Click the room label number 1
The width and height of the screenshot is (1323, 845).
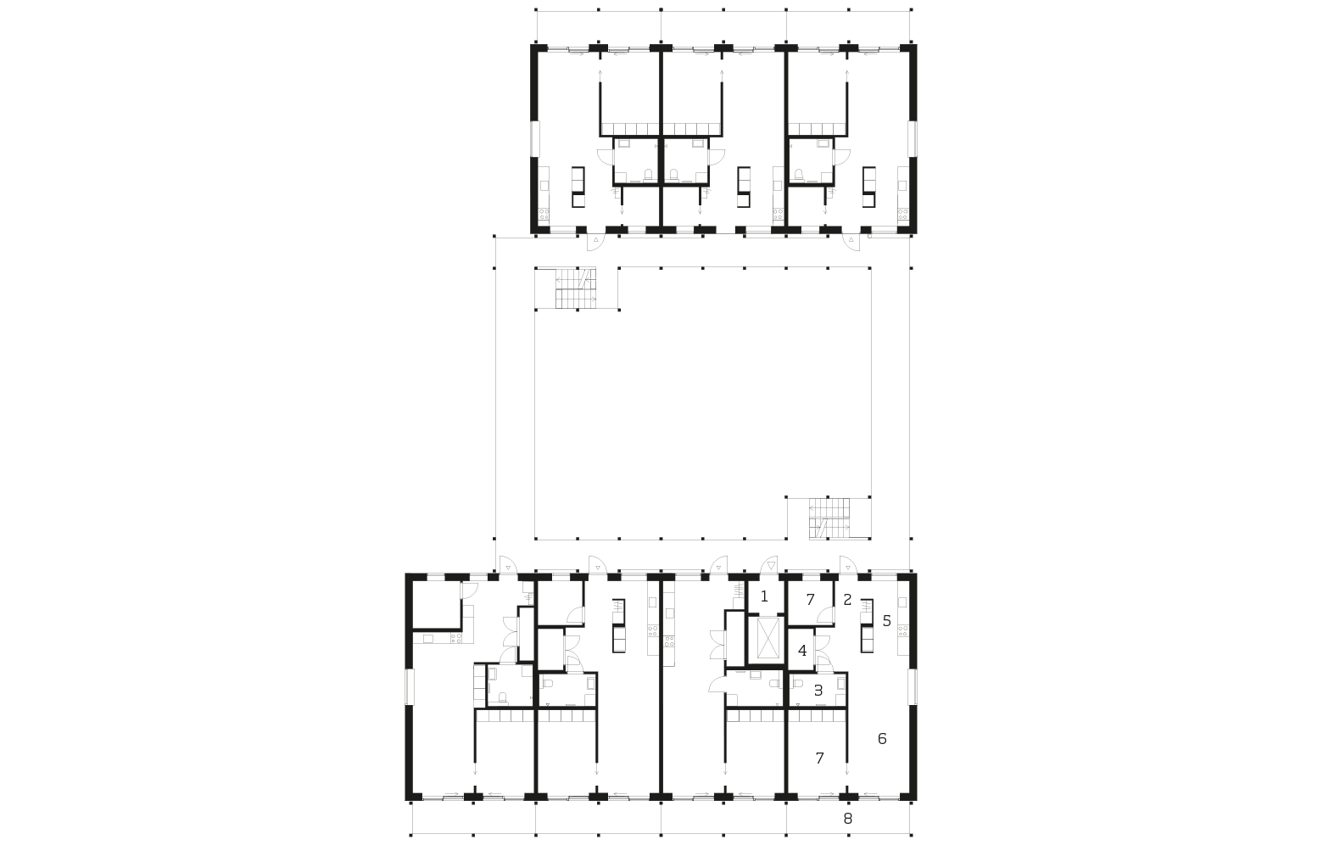click(763, 596)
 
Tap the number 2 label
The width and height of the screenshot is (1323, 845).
click(847, 600)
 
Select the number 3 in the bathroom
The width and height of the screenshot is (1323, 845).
click(818, 691)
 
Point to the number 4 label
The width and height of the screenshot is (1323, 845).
click(802, 652)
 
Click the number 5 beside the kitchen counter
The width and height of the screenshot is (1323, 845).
click(886, 621)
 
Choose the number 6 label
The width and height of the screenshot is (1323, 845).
click(882, 739)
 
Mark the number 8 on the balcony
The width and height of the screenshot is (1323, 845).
click(848, 819)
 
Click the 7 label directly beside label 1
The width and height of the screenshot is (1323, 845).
click(811, 600)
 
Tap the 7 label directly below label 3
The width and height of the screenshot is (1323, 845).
click(819, 758)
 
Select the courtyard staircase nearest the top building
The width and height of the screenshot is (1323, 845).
click(576, 288)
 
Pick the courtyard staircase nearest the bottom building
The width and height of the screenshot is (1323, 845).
click(829, 518)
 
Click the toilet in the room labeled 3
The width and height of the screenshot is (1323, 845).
click(797, 684)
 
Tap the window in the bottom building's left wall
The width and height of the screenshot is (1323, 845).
click(410, 686)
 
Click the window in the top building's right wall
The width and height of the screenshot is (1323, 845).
click(913, 139)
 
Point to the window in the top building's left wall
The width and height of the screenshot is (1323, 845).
click(534, 139)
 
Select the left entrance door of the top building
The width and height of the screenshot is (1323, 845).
click(595, 242)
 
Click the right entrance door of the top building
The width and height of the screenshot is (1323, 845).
click(851, 242)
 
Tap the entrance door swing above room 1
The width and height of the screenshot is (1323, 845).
click(769, 564)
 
